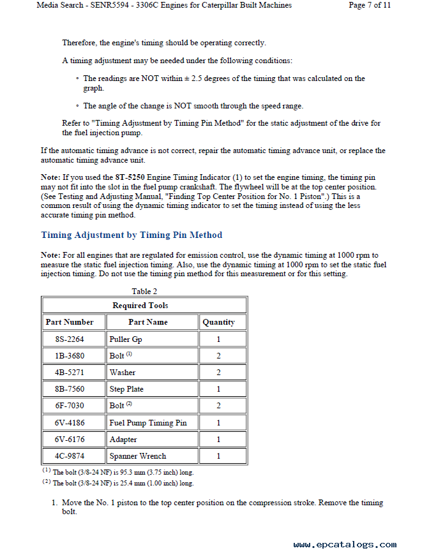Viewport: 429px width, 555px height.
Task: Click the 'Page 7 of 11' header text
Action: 370,5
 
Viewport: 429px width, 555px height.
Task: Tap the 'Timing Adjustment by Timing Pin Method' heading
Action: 132,235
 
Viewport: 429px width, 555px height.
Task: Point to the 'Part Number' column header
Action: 70,322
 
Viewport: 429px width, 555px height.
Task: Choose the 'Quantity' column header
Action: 218,322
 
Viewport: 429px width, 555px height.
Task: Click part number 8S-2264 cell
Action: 70,339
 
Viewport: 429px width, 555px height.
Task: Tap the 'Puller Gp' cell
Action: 126,339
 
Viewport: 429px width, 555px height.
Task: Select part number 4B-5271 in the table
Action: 70,373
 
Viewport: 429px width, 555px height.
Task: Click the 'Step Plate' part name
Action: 126,389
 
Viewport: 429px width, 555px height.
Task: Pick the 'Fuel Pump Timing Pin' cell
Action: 148,423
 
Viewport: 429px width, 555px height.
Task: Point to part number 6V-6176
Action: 70,440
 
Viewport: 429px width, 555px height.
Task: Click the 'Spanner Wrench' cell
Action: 138,456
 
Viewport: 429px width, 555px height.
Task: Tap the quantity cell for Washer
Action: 218,373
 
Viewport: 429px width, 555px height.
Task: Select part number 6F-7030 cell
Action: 70,406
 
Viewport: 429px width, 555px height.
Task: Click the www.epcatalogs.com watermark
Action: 345,545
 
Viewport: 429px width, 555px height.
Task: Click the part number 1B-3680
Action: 70,356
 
